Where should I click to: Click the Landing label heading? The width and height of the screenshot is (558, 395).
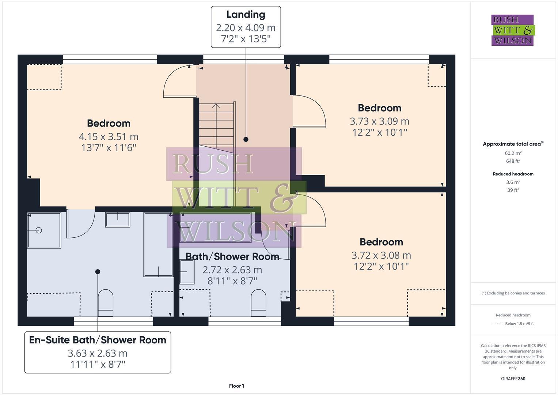[246, 15]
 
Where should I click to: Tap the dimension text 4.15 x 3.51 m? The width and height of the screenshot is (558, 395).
[109, 136]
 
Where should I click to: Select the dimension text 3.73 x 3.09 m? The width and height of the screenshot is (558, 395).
[379, 121]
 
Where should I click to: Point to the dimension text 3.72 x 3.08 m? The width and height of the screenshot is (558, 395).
[381, 255]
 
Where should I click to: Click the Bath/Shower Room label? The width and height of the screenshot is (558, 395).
[232, 256]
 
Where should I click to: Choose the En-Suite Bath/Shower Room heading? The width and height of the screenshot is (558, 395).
[98, 340]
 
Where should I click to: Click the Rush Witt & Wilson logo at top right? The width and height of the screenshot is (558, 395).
[512, 30]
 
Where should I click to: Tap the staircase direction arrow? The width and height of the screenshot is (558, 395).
[216, 107]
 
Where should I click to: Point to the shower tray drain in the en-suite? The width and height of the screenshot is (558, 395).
[39, 230]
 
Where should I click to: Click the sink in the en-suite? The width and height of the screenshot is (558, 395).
[118, 219]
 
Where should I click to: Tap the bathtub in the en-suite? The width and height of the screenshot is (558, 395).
[158, 244]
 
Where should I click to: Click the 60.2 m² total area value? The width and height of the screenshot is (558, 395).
[513, 153]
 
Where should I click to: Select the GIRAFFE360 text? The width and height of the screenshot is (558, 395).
[513, 379]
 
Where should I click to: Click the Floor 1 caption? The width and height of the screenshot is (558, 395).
[236, 386]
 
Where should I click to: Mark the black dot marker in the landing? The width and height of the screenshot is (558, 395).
[246, 139]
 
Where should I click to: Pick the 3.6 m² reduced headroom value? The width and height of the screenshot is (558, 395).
[513, 182]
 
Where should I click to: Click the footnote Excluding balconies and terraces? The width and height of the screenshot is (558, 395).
[513, 293]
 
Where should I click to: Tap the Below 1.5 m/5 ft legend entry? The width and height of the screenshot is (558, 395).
[519, 324]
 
